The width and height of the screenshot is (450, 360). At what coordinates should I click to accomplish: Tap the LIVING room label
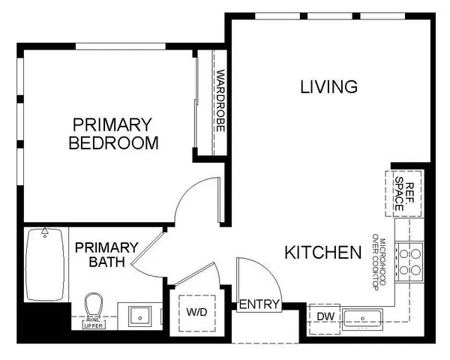(x=328, y=87)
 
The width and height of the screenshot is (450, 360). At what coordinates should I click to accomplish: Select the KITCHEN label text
(x=322, y=253)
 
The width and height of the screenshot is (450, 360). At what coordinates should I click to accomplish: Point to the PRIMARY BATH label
(x=106, y=253)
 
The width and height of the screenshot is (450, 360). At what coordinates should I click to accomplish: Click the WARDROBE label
(x=220, y=101)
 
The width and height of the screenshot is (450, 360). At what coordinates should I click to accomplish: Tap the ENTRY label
(x=259, y=304)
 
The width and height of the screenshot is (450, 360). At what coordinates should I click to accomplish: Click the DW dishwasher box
(x=324, y=316)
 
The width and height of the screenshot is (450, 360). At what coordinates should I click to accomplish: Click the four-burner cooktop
(x=409, y=261)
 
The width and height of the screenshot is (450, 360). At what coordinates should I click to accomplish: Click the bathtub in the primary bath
(x=45, y=264)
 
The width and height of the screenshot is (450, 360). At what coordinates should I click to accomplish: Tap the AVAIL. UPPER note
(x=93, y=323)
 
